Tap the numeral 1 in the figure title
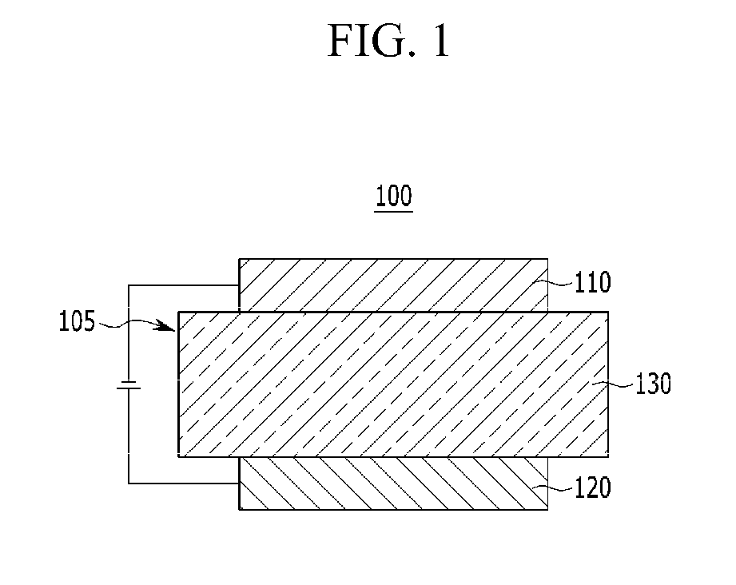click(439, 42)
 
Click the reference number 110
click(593, 282)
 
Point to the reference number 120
click(593, 488)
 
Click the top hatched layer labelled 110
click(393, 285)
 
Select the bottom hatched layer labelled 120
click(393, 484)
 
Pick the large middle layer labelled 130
click(393, 384)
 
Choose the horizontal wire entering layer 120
click(184, 483)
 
